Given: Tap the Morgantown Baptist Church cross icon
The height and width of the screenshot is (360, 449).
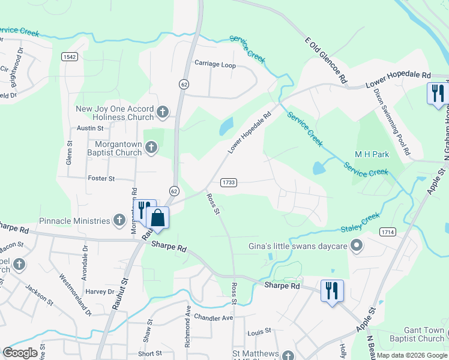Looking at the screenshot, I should [151, 147].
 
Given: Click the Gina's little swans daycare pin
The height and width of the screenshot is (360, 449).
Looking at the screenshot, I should [357, 245].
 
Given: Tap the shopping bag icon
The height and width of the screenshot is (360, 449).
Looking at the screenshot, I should [157, 217].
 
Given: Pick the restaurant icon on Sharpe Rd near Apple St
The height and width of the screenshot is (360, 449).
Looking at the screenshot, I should [332, 291].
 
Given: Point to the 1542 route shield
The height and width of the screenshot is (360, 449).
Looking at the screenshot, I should [68, 56].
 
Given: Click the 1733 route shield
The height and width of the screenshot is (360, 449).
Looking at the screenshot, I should [228, 182].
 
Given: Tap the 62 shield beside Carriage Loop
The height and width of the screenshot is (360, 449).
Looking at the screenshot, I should [184, 85].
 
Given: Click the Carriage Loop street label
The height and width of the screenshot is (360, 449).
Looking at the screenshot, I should [214, 65].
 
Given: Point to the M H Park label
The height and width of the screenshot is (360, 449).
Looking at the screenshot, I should [372, 155].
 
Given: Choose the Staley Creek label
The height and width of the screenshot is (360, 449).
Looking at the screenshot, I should [360, 223].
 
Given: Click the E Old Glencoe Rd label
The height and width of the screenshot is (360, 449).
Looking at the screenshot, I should [327, 59].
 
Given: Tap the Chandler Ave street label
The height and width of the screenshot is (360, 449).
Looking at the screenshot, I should [213, 317].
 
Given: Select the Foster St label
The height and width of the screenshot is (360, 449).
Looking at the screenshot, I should [101, 179].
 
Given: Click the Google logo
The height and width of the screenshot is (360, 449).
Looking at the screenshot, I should [20, 353].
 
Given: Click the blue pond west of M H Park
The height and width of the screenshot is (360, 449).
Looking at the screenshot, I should [319, 168].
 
